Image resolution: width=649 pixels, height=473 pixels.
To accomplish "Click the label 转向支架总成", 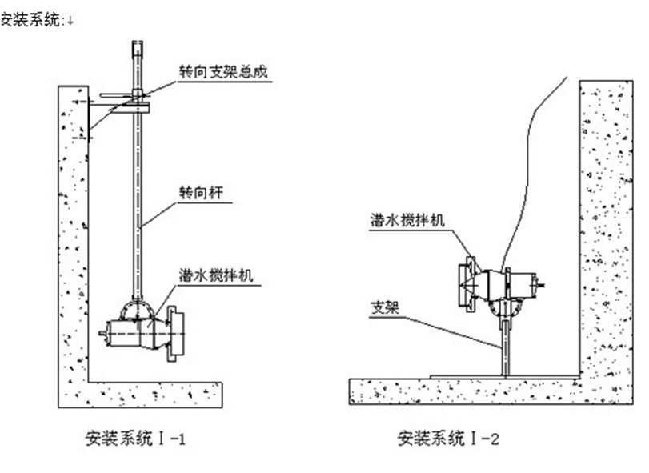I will point(222,71).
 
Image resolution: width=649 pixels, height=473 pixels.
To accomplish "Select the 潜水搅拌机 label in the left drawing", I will point(216,276).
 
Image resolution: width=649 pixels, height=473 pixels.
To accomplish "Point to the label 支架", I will point(383,307).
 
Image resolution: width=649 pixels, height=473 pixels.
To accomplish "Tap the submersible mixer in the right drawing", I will point(500,284).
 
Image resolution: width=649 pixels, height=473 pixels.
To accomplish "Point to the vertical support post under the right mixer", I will point(505,344).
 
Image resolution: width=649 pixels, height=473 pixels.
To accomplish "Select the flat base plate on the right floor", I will point(504,375).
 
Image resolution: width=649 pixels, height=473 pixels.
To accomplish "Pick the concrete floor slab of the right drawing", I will point(480,390).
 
